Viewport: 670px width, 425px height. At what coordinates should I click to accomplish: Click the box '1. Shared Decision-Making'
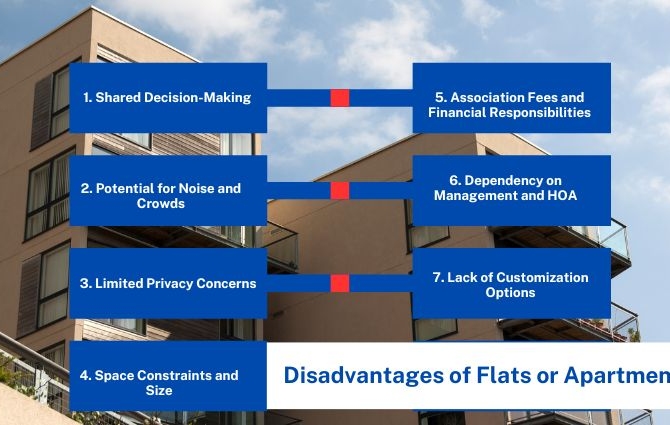168,98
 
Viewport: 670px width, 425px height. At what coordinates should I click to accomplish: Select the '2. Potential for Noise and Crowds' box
168,191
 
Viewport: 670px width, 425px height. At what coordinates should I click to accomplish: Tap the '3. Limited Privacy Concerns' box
168,283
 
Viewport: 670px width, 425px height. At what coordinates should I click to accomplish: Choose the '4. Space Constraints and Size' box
168,376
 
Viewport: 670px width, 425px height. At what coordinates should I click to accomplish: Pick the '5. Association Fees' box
511,98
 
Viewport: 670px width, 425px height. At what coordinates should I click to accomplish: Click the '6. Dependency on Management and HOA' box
511,191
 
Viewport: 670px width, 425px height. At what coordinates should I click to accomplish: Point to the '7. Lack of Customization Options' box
511,283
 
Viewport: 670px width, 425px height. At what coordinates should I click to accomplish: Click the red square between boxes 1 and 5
340,98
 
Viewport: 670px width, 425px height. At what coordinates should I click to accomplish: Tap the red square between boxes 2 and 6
340,191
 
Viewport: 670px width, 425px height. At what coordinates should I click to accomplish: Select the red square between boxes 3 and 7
340,283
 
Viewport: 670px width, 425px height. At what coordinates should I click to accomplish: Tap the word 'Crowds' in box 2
161,203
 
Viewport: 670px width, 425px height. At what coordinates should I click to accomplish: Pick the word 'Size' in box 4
159,390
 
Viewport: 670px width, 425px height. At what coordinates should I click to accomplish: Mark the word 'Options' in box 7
510,293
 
